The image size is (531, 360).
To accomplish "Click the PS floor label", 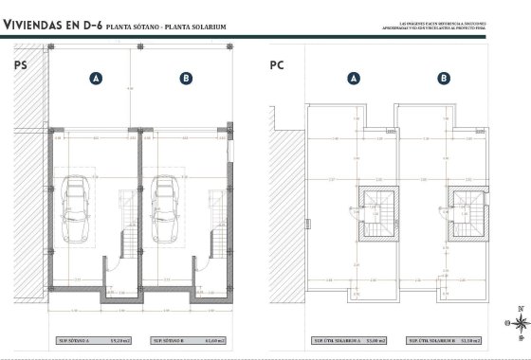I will coord(20,65).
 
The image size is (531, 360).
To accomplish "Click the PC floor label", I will coord(277,65).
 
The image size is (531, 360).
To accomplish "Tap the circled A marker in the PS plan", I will coord(96,80).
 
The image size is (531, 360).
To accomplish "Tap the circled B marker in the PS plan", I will coord(186,80).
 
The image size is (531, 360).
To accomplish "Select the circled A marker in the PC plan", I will coord(355,80).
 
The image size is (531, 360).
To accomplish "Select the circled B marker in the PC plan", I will coord(444,80).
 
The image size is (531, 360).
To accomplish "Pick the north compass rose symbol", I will coord(519,322).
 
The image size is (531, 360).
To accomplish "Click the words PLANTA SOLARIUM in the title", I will coord(195,27).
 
